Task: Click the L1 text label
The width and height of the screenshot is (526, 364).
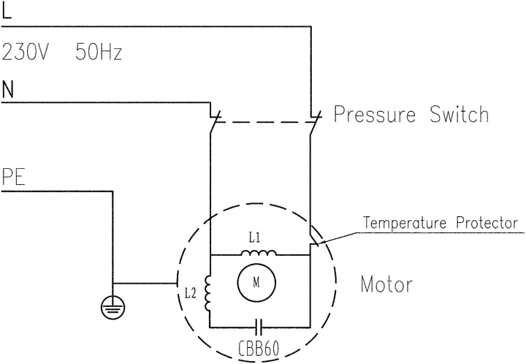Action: coord(254,238)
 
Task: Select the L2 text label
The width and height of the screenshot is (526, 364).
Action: coord(191,294)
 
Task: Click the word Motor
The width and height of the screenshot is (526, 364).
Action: coord(386,284)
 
